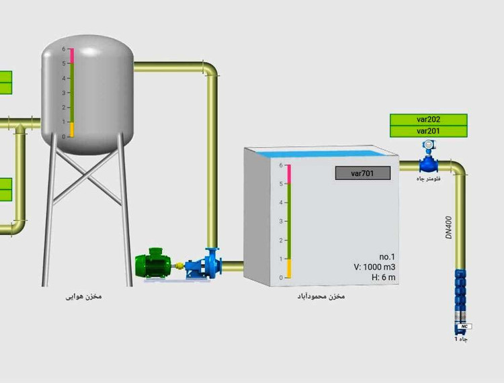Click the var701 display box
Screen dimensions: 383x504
[363, 173]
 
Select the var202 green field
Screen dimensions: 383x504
[428, 120]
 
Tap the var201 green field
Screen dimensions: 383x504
[428, 131]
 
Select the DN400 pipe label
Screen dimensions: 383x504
[449, 228]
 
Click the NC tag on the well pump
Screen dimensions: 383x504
[463, 327]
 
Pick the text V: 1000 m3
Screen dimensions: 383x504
[374, 267]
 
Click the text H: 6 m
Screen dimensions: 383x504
[384, 278]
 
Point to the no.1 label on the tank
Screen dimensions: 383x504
[387, 256]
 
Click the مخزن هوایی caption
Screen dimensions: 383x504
[83, 296]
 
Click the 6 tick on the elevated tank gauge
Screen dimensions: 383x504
[64, 49]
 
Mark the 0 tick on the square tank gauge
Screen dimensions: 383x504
[282, 278]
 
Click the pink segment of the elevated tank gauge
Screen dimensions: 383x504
[70, 56]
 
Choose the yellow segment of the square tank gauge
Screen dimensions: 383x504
[289, 269]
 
